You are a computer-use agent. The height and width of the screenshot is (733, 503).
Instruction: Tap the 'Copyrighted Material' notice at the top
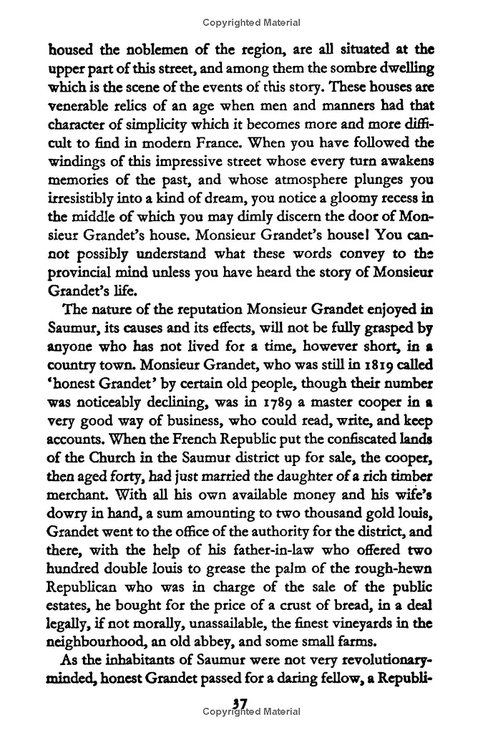[x=251, y=22]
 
